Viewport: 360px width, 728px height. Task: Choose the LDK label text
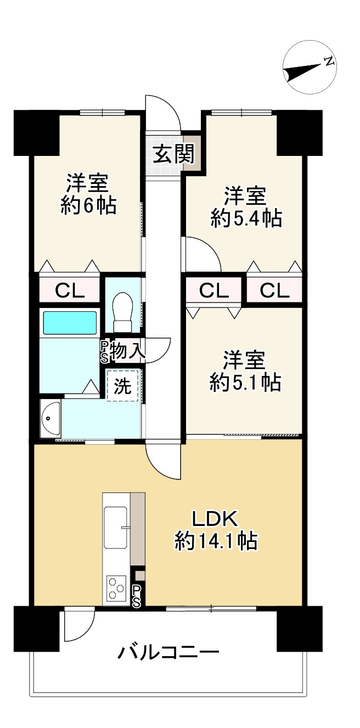pyautogui.click(x=213, y=519)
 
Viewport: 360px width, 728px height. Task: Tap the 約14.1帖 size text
pyautogui.click(x=216, y=541)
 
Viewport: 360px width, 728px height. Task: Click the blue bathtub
pyautogui.click(x=70, y=323)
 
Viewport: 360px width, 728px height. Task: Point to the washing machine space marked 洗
pyautogui.click(x=123, y=386)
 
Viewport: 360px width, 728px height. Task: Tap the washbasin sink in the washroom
pyautogui.click(x=50, y=418)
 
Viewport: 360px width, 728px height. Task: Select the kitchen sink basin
pyautogui.click(x=116, y=527)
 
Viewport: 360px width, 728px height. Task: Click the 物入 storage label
pyautogui.click(x=127, y=350)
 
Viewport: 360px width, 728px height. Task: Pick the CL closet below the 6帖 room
pyautogui.click(x=70, y=289)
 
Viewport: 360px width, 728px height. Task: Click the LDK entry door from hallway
pyautogui.click(x=164, y=461)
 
